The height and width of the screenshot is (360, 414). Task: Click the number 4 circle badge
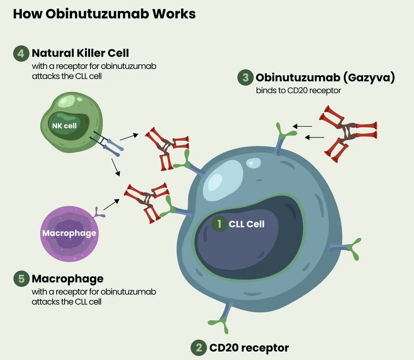[21, 53]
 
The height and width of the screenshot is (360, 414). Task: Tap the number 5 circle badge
[21, 279]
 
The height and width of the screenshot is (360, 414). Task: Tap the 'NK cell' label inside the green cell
[64, 126]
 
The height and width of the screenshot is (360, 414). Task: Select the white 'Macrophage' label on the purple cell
[69, 233]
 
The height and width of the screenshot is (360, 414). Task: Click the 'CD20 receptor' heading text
[249, 347]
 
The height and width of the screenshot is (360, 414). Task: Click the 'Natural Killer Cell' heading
[80, 53]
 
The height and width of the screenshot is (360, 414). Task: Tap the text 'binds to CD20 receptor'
[298, 91]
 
